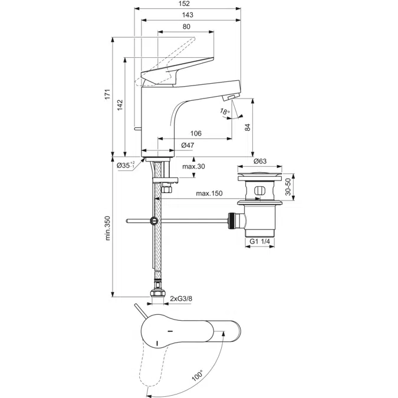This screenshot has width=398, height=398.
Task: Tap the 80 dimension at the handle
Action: click(186, 27)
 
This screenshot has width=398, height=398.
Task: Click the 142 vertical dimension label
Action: click(120, 104)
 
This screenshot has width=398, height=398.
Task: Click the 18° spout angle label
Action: click(224, 112)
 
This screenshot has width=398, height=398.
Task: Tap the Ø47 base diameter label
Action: click(188, 145)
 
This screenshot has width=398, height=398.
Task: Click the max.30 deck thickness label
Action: click(193, 167)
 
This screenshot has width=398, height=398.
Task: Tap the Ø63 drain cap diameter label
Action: click(261, 161)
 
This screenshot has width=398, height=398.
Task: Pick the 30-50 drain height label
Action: click(288, 188)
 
